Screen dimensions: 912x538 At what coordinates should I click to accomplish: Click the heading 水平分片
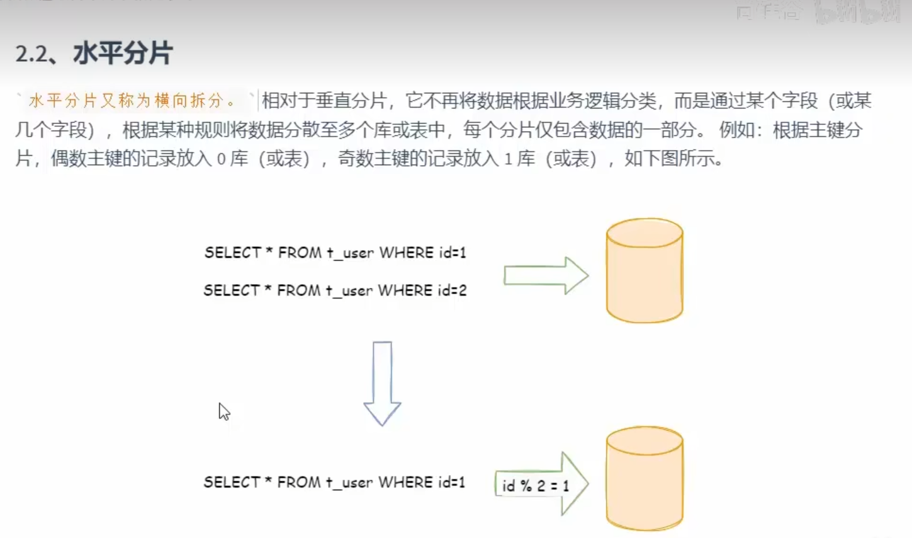122,53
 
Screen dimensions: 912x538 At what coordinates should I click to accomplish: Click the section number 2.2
31,54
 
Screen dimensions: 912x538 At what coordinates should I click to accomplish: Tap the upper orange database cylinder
644,271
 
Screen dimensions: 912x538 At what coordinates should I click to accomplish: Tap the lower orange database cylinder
644,479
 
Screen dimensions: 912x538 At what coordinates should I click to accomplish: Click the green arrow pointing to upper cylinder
545,275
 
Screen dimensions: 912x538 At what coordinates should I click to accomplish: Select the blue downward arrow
382,383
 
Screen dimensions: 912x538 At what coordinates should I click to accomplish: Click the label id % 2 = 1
535,486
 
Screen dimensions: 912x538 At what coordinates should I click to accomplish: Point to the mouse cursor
223,411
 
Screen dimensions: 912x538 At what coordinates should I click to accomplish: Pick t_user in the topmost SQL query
350,253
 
